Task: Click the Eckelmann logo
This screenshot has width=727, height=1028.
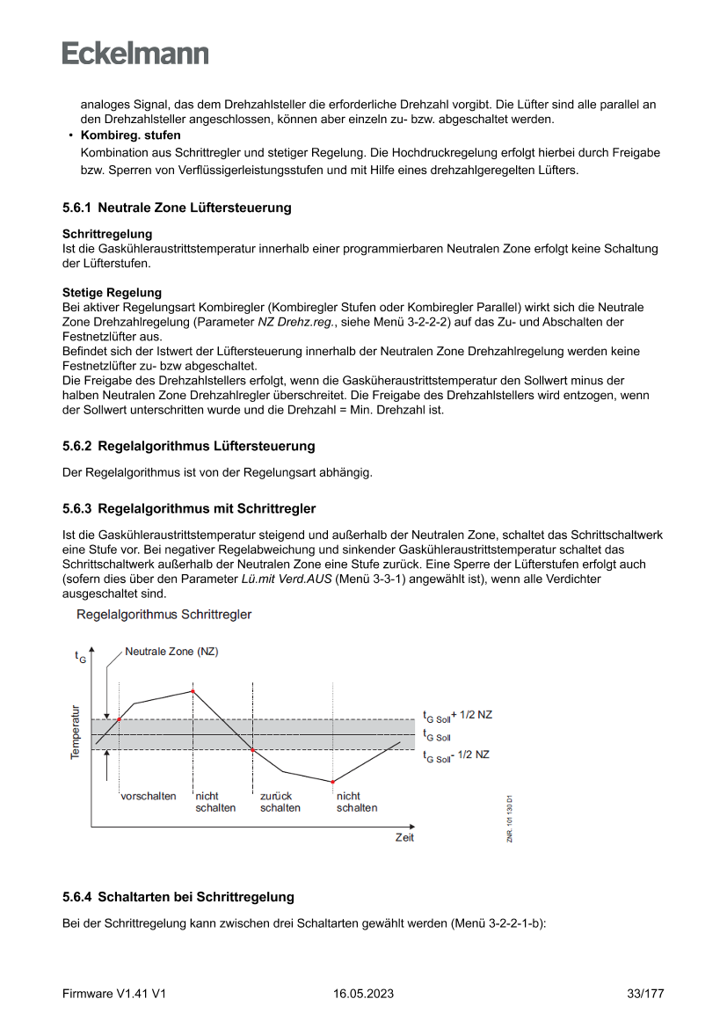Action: click(x=135, y=54)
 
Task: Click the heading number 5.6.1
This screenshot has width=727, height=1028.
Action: click(x=77, y=208)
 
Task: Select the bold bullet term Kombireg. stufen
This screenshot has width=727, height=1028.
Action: click(x=130, y=135)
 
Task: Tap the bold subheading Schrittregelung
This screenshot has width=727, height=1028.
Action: click(x=106, y=235)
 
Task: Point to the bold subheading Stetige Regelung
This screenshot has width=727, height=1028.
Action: click(x=112, y=293)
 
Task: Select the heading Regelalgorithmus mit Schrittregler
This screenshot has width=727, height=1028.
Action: click(x=207, y=508)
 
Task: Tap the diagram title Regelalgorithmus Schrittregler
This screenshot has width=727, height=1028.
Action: click(x=164, y=615)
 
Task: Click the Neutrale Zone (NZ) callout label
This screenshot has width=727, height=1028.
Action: click(x=171, y=652)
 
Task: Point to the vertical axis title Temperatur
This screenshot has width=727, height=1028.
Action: click(x=76, y=732)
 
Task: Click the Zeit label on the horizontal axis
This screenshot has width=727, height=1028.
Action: click(x=404, y=837)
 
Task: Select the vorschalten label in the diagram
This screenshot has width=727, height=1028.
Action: click(x=148, y=796)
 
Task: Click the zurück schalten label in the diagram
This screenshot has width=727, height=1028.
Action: click(x=280, y=802)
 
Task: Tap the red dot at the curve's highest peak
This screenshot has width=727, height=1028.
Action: click(x=193, y=691)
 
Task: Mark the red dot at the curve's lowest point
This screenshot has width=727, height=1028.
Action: click(x=333, y=781)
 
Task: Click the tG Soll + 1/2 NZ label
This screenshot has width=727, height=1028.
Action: click(x=457, y=716)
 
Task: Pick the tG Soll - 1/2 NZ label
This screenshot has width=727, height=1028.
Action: click(x=456, y=755)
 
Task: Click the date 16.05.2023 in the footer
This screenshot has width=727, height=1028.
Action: click(x=363, y=994)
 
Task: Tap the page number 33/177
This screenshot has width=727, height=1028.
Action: click(x=644, y=994)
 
